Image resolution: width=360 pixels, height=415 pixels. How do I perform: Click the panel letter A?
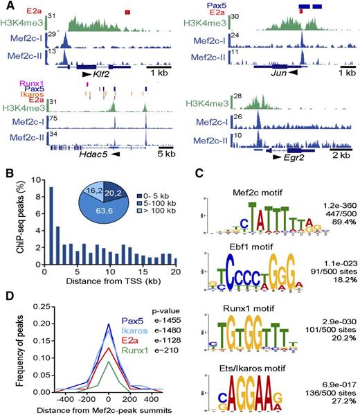pos(6,6)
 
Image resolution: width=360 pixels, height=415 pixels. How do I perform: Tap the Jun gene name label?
pos(275,72)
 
